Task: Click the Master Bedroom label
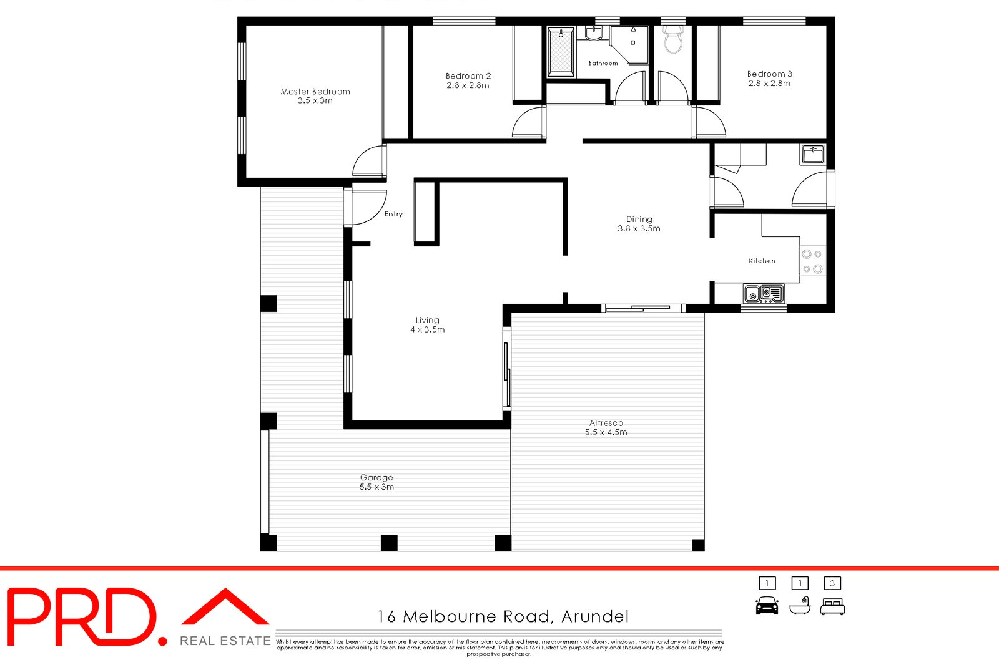point(315,95)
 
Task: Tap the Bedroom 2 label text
point(468,80)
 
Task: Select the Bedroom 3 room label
point(769,78)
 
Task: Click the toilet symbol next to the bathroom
point(672,41)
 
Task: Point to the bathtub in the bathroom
point(560,52)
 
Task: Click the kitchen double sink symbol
point(764,293)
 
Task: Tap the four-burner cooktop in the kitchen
point(812,261)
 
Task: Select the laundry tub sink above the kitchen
point(812,154)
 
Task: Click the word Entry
point(393,214)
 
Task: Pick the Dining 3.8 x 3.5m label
point(639,223)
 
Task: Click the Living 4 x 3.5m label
point(427,324)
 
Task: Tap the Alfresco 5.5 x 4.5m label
point(606,427)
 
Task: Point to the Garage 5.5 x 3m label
point(376,482)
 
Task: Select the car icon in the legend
point(767,605)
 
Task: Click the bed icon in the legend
point(832,606)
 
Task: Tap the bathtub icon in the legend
point(799,606)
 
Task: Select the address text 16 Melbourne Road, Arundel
point(503,616)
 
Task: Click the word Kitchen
point(762,261)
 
